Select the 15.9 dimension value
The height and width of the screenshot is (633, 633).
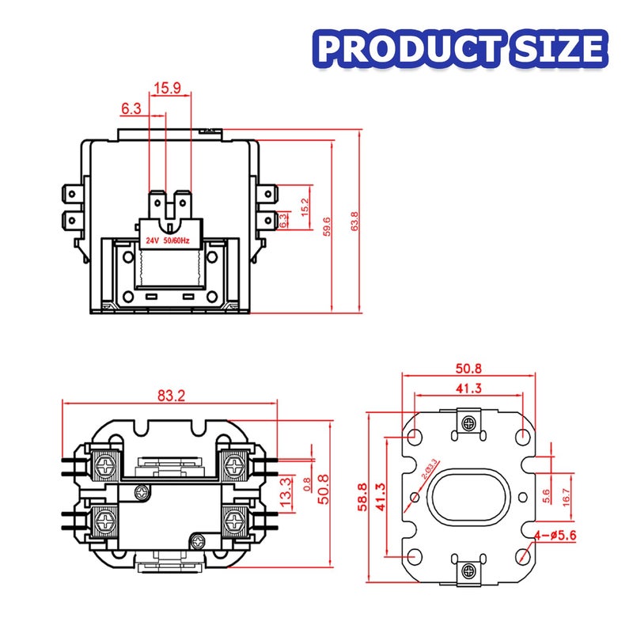coord(167,88)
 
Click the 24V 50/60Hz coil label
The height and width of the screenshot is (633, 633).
coord(166,239)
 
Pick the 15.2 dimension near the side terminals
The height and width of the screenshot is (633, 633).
coord(305,207)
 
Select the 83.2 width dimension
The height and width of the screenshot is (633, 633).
coord(170,396)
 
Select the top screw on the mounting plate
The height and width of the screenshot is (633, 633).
coord(469,423)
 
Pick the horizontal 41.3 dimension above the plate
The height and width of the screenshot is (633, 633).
coord(468,387)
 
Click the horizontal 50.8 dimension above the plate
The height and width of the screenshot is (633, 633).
coord(468,368)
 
